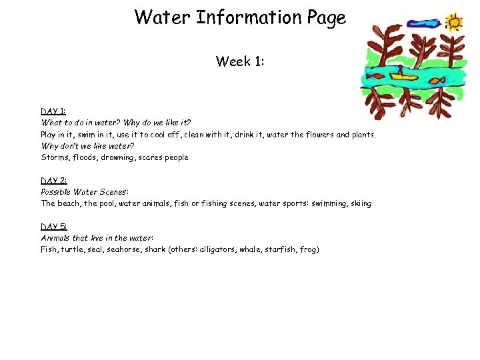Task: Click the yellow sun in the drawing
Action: click(454, 22)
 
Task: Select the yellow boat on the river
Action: click(401, 75)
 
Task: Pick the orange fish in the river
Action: click(436, 81)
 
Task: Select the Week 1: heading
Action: click(240, 62)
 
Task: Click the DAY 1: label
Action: click(53, 111)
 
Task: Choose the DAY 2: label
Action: click(53, 180)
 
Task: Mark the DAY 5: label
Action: click(53, 226)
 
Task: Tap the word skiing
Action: click(360, 203)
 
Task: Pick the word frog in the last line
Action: click(309, 249)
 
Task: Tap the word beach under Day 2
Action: click(71, 203)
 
